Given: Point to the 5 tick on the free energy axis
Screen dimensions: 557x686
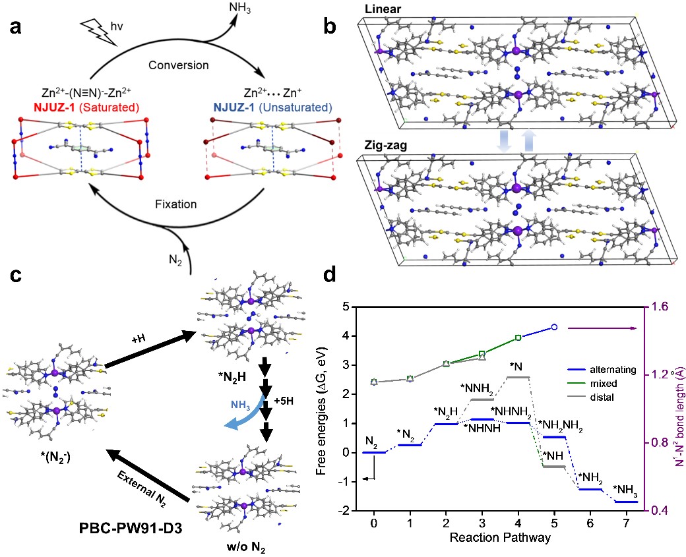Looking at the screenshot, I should point(346,307).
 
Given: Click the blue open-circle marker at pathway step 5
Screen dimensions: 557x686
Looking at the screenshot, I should point(555,327).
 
